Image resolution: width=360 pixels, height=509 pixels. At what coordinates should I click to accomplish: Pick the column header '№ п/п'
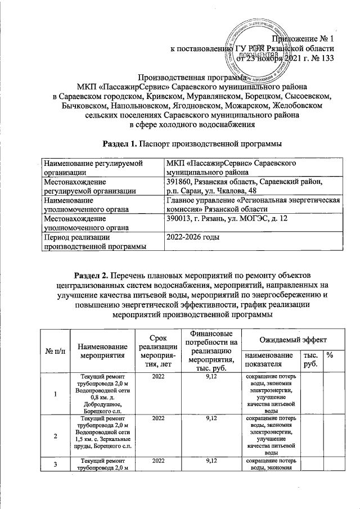(x=55, y=351)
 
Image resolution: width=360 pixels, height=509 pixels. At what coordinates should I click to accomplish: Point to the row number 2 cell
(x=55, y=435)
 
